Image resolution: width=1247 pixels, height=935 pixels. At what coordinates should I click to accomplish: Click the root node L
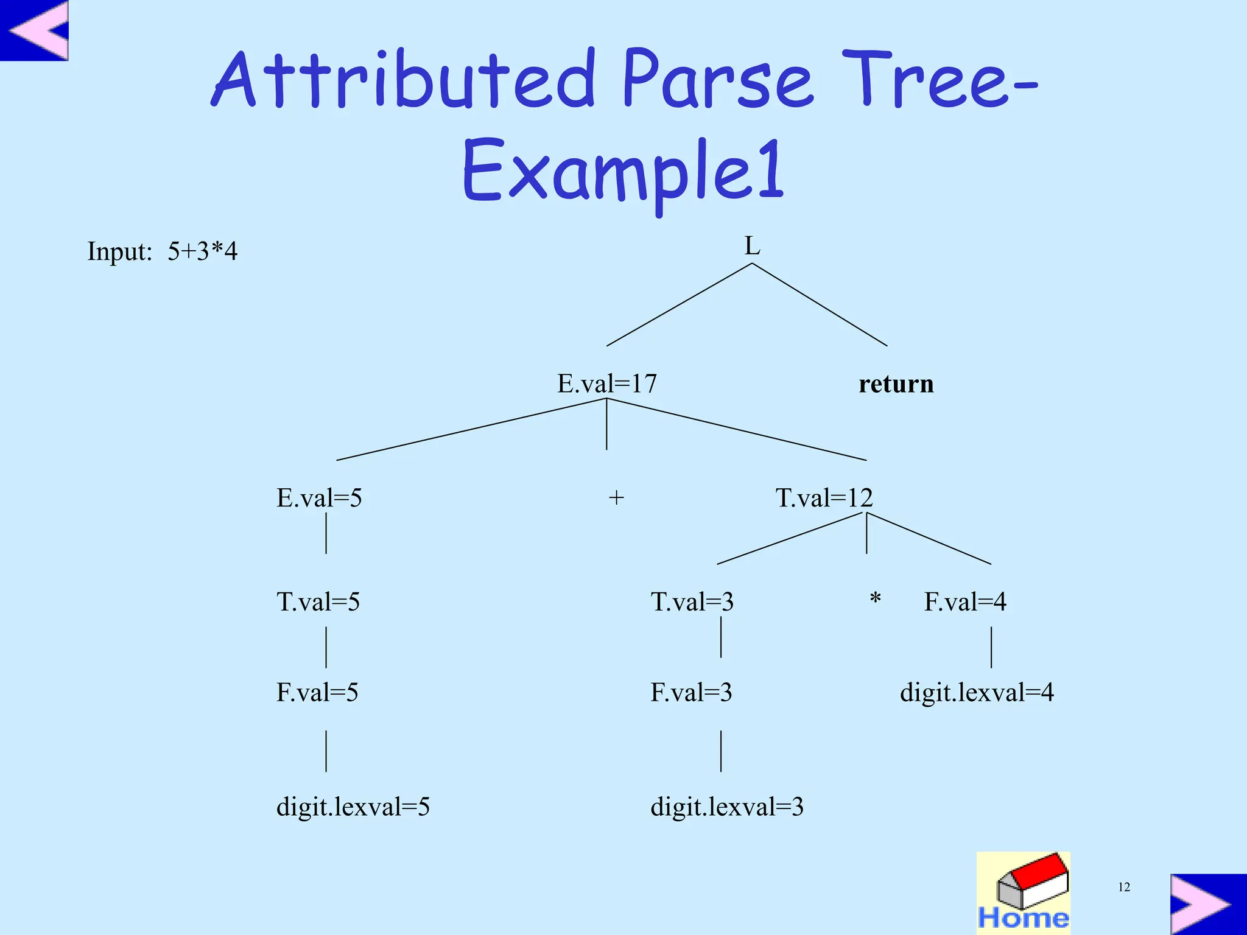752,247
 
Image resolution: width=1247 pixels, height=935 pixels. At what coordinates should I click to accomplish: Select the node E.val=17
607,383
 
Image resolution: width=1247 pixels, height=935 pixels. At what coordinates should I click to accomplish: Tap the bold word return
896,384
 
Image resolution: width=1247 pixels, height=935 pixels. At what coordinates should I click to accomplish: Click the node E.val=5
319,498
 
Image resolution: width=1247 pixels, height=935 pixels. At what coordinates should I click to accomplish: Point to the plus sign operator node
616,498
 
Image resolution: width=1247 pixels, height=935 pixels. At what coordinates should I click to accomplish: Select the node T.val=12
824,498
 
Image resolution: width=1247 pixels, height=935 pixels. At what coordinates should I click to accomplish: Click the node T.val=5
318,602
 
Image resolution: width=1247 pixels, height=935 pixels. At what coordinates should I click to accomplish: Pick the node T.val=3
692,602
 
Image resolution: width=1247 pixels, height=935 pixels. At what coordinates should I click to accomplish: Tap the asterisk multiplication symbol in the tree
875,599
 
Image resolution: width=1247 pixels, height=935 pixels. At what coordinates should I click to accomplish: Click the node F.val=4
965,602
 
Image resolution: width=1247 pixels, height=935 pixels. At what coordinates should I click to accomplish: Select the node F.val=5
317,693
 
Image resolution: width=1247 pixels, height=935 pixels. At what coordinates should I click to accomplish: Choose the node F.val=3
691,693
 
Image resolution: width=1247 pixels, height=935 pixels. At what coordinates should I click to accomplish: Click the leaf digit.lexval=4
977,693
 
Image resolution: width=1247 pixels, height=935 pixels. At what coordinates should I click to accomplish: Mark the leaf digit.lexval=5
353,807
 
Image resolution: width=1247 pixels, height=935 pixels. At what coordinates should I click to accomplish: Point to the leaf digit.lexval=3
727,807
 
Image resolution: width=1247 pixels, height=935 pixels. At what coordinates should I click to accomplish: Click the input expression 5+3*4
202,251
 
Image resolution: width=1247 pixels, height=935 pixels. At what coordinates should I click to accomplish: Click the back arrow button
35,30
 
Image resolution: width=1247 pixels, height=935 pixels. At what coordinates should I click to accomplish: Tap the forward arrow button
1207,904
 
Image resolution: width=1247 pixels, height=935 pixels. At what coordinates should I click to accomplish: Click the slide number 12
1124,888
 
